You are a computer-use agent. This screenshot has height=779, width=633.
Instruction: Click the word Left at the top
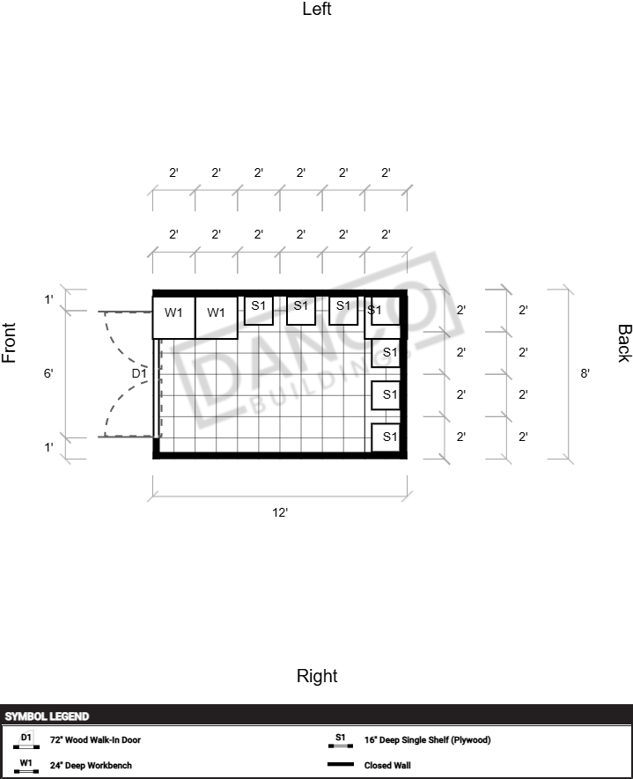(317, 9)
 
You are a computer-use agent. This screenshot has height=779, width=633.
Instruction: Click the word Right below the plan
(317, 676)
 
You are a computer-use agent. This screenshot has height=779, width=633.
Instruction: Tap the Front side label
(9, 342)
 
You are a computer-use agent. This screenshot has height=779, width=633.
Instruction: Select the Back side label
(624, 343)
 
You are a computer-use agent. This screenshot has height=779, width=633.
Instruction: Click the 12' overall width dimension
(280, 512)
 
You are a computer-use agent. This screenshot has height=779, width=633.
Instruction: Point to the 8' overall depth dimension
(585, 373)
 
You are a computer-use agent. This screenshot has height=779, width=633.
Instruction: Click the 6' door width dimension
(48, 373)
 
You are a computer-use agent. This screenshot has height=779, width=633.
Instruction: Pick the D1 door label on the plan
(139, 373)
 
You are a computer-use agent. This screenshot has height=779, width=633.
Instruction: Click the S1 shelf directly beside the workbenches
(258, 311)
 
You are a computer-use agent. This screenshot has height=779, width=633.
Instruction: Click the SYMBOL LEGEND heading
(47, 717)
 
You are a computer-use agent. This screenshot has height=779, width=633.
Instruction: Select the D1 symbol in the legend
(26, 740)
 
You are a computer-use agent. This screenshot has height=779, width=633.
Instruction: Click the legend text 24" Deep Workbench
(91, 766)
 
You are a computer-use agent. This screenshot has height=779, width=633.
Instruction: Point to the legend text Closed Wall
(387, 766)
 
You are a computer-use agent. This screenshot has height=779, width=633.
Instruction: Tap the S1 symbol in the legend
(341, 740)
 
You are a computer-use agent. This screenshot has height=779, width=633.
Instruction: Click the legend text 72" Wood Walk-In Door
(95, 739)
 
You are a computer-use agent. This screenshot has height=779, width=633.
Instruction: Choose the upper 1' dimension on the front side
(48, 299)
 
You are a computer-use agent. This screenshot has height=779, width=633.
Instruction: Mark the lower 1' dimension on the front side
(48, 447)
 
